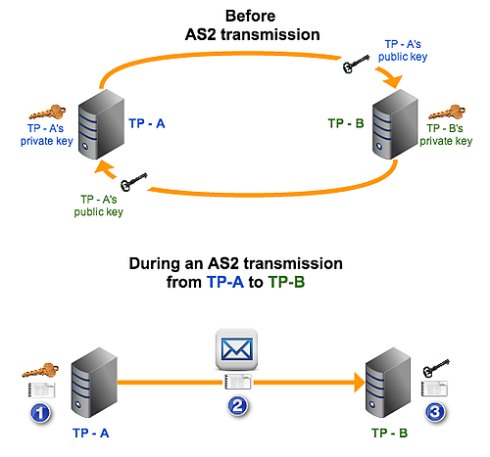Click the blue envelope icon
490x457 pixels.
pyautogui.click(x=238, y=348)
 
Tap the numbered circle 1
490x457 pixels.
pyautogui.click(x=40, y=413)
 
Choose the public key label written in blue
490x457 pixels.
pyautogui.click(x=405, y=51)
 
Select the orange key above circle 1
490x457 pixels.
pyautogui.click(x=40, y=375)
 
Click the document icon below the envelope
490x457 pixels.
pyautogui.click(x=238, y=381)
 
